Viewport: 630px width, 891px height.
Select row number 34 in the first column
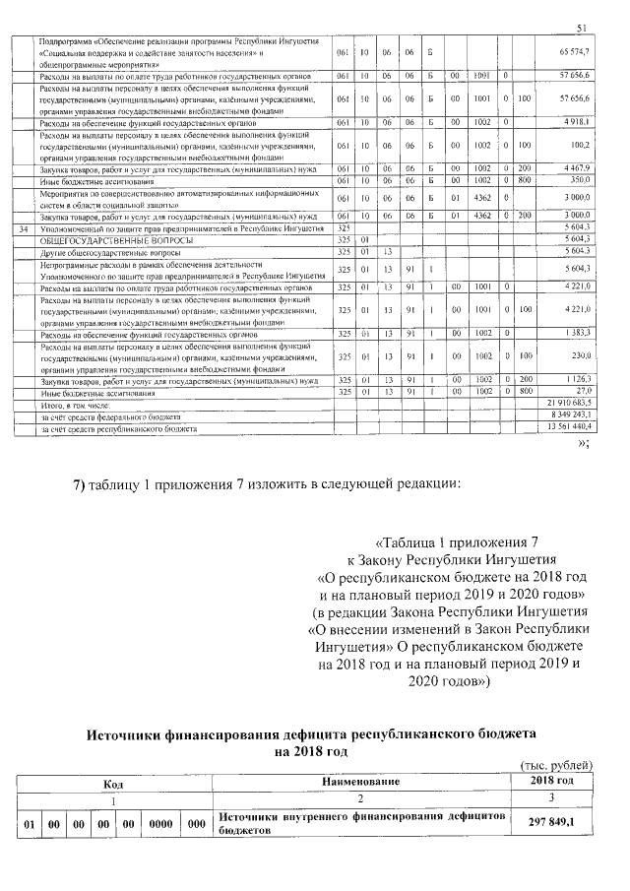click(25, 228)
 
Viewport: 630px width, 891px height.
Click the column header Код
click(114, 782)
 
